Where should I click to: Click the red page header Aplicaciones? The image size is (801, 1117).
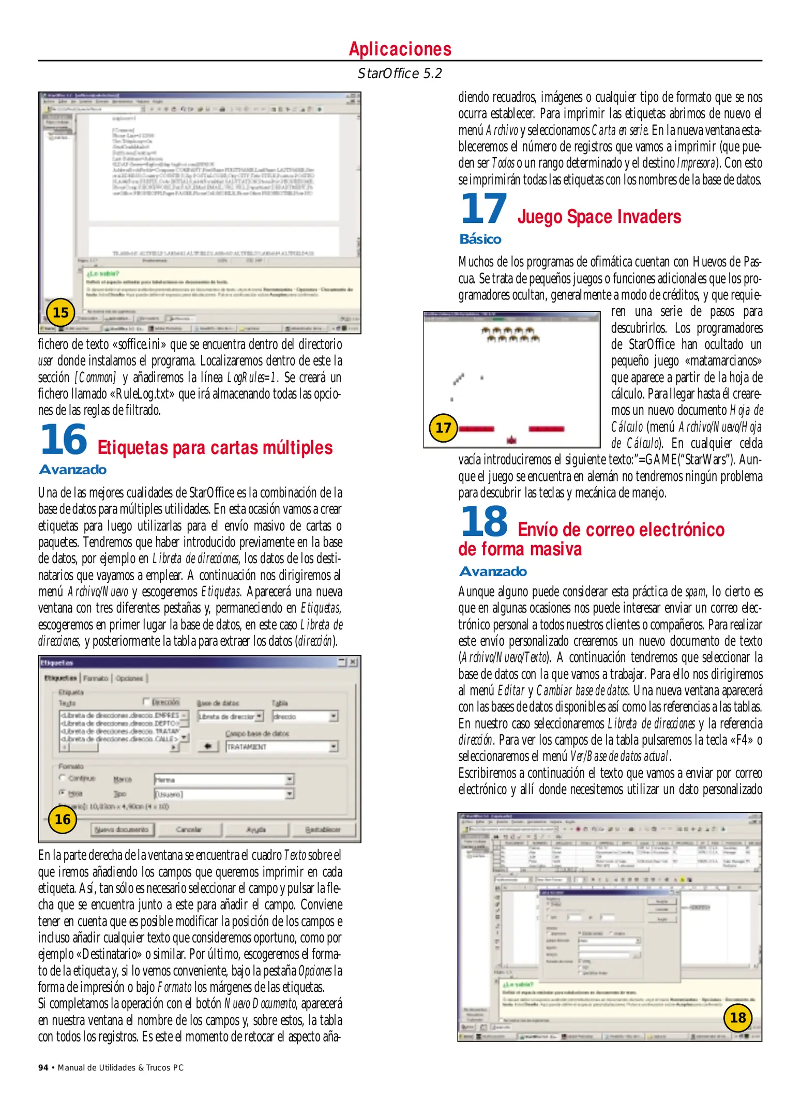pos(400,49)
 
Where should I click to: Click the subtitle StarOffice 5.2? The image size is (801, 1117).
pos(400,73)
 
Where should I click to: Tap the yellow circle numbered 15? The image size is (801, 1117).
pos(61,312)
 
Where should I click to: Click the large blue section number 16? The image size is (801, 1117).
pos(64,440)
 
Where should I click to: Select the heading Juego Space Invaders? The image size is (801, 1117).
pos(599,217)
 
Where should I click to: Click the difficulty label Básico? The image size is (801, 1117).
pos(480,239)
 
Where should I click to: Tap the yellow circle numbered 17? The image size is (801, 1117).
pos(443,428)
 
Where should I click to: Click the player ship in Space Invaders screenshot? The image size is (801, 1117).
pos(512,440)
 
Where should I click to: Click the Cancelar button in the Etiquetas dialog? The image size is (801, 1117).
pos(189,829)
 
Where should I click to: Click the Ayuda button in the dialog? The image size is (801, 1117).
pos(256,829)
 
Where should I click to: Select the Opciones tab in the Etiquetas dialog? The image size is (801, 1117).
pos(129,678)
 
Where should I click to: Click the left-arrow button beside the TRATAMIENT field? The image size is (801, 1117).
pos(208,746)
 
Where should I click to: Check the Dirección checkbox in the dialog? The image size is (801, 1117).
pos(147,702)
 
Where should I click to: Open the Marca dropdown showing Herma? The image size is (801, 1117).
pos(290,779)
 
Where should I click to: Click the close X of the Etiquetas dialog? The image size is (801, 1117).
pos(353,662)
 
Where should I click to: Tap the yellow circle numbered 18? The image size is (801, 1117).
pos(737,1018)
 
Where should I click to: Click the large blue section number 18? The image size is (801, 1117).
pos(484,521)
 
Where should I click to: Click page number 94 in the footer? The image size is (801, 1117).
pos(43,1067)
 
